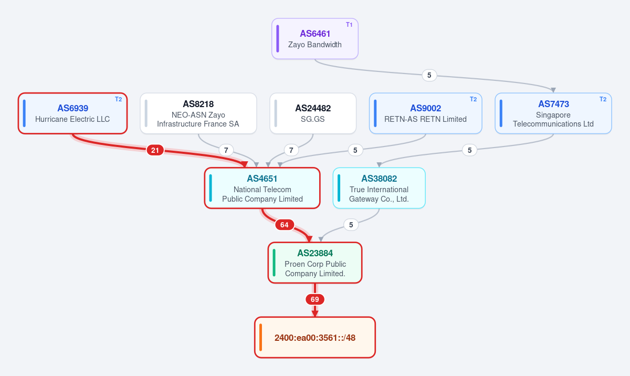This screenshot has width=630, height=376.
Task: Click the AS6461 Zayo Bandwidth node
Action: [x=314, y=39]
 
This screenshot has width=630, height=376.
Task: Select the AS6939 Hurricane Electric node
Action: [x=72, y=113]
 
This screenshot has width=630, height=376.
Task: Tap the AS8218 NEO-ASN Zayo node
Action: [x=198, y=113]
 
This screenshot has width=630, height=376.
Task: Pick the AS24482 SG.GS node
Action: [x=313, y=113]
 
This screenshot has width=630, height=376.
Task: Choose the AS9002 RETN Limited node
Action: [x=426, y=113]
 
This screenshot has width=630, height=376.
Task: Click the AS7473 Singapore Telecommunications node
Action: [x=553, y=113]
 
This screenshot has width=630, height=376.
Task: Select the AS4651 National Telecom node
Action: [x=262, y=188]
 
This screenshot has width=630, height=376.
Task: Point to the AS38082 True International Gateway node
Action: [x=379, y=188]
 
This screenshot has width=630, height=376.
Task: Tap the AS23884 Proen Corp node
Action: [x=314, y=263]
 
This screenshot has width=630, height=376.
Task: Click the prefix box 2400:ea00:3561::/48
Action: [x=314, y=338]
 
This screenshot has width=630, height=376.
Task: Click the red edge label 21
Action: [x=155, y=150]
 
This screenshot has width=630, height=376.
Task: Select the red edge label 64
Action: [x=285, y=225]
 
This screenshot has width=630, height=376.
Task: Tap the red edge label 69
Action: [x=314, y=299]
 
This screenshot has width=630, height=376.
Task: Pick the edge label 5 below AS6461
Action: [x=429, y=76]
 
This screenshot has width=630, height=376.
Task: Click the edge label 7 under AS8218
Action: [x=226, y=150]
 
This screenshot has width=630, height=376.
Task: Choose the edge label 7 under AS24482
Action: [x=291, y=150]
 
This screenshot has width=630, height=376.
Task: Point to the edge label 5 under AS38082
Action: [x=351, y=225]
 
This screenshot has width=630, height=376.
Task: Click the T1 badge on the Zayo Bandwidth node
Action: [x=349, y=25]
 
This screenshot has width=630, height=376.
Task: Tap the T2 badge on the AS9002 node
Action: [x=473, y=99]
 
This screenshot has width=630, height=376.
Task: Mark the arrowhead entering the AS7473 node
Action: [x=553, y=90]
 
